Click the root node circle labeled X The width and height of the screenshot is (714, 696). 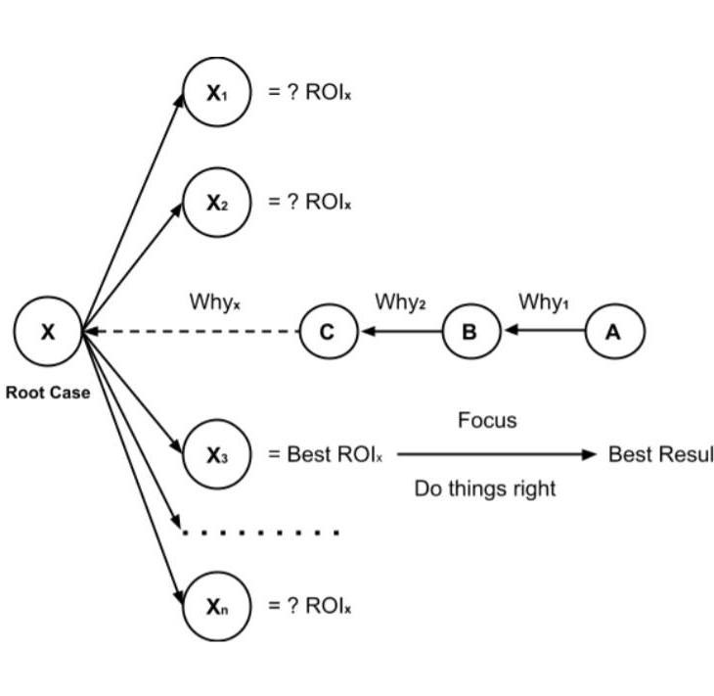[47, 332]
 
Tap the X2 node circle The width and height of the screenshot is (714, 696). [217, 203]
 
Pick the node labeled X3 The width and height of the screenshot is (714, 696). [217, 454]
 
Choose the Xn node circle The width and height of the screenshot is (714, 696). [217, 606]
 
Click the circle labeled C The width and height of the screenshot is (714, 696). [328, 332]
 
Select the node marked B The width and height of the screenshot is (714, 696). [469, 332]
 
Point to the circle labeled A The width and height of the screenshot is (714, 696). [614, 332]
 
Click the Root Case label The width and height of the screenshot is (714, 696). [48, 394]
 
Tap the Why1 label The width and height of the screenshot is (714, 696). [543, 302]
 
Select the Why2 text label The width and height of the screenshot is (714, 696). [400, 302]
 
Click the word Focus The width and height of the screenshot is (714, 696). [487, 421]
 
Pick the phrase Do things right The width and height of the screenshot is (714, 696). [485, 488]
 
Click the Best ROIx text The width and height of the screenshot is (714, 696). [327, 455]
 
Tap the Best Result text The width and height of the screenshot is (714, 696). [660, 455]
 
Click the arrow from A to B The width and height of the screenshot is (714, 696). [544, 332]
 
